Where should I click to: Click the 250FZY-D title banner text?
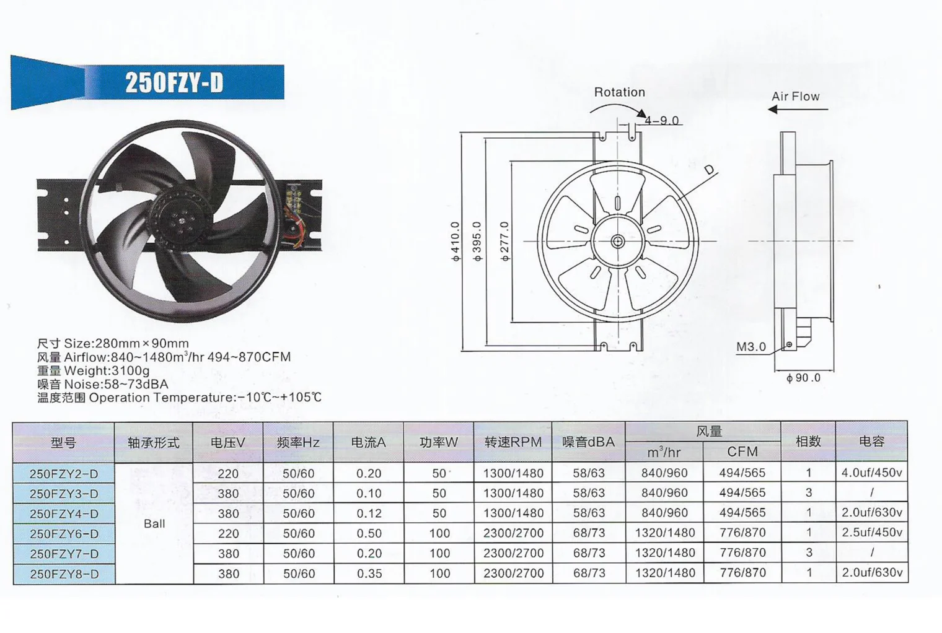[x=174, y=82]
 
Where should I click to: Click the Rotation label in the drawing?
[x=619, y=92]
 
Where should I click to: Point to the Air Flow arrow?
[x=798, y=110]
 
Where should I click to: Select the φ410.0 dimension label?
[x=456, y=241]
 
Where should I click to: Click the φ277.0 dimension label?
[x=505, y=241]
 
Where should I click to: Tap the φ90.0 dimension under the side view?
[x=803, y=378]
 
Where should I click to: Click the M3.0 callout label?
[x=751, y=347]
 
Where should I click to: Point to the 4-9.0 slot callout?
[x=661, y=120]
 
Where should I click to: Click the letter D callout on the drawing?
[x=709, y=170]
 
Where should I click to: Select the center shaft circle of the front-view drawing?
[x=617, y=241]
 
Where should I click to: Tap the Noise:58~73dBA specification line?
[x=102, y=384]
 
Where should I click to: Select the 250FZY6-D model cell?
[x=64, y=533]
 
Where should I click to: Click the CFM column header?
[x=742, y=452]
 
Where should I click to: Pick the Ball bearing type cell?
[x=154, y=523]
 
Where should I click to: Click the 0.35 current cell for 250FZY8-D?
[x=369, y=574]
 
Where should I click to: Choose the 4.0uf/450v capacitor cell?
[x=871, y=473]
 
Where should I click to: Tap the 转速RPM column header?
[x=513, y=442]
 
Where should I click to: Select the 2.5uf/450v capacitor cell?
[x=871, y=533]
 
